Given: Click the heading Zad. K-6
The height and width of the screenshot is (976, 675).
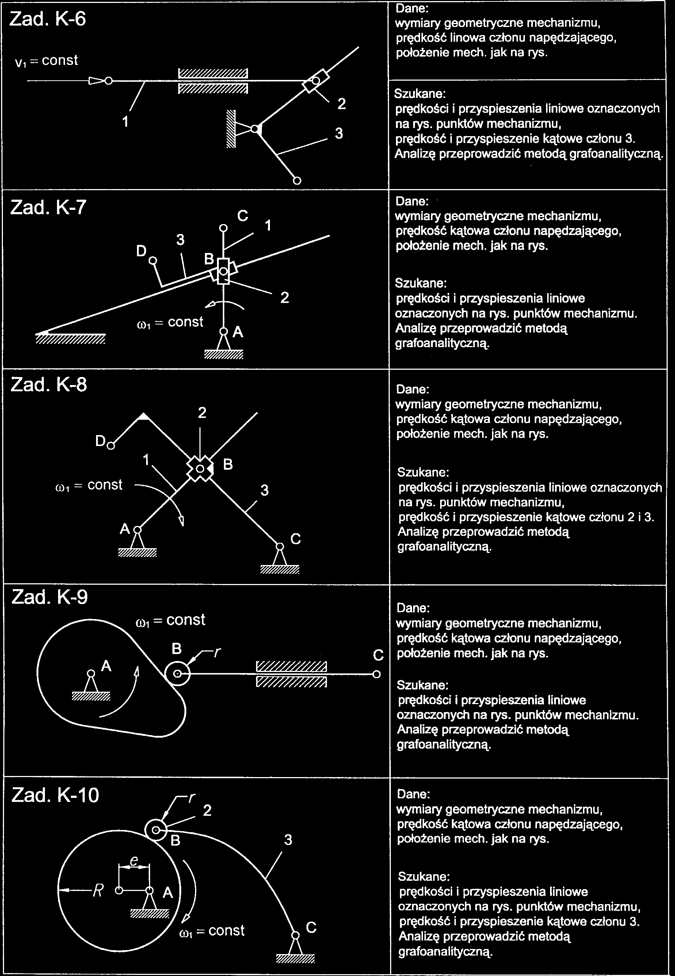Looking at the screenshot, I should coord(47,19).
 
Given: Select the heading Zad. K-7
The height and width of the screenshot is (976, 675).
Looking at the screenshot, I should coord(48,207).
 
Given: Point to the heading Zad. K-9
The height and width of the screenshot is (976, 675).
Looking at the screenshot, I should coord(49,597).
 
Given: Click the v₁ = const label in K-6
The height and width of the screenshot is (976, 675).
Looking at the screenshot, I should coord(46,61).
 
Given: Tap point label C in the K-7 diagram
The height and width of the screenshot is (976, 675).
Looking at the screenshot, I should coord(242,216).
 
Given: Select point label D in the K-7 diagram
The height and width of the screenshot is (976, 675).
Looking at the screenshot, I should coord(141,251).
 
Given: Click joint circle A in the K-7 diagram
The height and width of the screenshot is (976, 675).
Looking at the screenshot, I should coord(223,332).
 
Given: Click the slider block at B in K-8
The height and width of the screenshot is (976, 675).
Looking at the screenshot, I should coord(200,469).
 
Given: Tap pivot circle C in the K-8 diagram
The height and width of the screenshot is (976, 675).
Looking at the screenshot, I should coord(279,546).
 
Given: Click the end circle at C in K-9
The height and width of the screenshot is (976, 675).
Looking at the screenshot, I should coord(377,674).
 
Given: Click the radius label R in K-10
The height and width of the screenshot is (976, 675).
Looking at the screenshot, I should coord(98,891).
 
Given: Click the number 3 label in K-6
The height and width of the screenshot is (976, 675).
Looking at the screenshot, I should coord(339,134).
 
